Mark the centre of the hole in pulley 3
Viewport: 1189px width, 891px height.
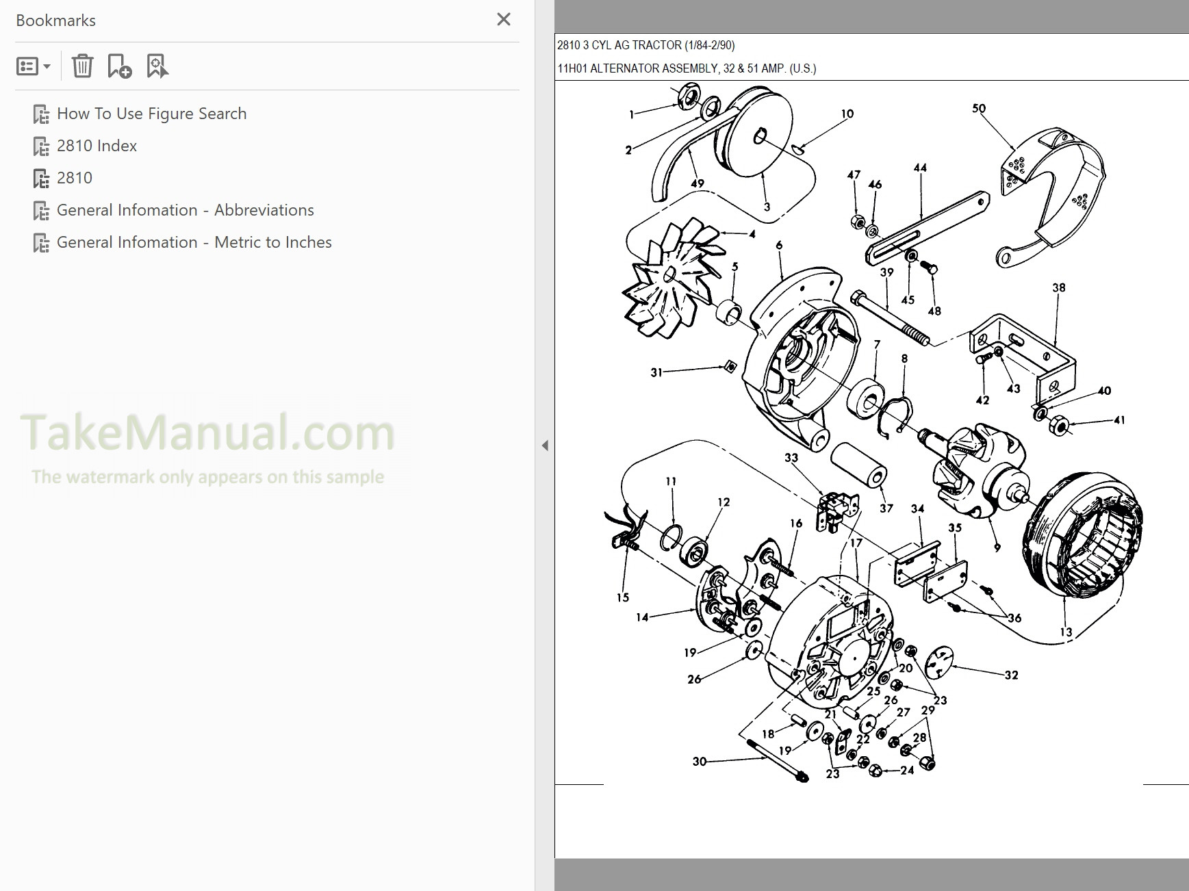(x=759, y=136)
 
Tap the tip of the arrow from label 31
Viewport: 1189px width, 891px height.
(x=726, y=367)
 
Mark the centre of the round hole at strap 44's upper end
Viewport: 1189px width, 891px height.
(x=981, y=202)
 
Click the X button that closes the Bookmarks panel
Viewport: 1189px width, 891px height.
(x=504, y=19)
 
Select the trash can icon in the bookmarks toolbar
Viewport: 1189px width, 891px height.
(x=82, y=66)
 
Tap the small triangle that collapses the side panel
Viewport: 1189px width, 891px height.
(x=545, y=445)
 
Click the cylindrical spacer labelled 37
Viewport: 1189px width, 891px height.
(x=859, y=464)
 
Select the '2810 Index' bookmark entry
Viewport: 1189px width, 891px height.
(x=97, y=146)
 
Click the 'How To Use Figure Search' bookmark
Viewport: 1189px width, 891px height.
(x=151, y=114)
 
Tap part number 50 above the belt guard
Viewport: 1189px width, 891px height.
(x=979, y=108)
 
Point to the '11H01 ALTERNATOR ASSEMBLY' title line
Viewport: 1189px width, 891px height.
(x=687, y=68)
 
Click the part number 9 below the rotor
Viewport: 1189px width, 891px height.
(x=997, y=547)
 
